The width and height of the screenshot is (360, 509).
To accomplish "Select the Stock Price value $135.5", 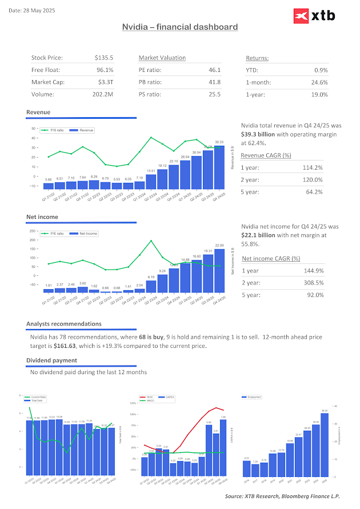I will point(104,58).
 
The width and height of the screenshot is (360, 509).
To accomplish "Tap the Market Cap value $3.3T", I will point(106,82).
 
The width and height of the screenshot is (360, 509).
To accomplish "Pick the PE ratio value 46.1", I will point(214,70).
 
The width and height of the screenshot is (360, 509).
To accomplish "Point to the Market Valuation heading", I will point(162,58).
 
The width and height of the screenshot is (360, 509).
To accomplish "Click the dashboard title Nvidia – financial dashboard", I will point(180,27).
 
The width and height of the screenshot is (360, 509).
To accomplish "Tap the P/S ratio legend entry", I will point(55,130).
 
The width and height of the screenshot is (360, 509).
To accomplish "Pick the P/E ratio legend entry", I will point(55,234).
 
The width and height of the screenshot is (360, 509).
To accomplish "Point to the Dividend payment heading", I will point(51,360).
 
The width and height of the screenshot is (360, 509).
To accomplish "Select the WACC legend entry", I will point(150,400).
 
